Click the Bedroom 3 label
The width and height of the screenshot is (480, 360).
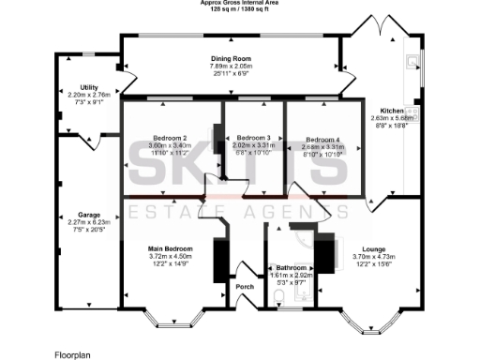253,138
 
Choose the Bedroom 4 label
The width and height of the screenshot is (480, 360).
322,138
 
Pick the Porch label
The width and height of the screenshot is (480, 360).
245,287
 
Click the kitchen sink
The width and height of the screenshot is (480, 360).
412,63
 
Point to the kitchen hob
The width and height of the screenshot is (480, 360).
412,111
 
